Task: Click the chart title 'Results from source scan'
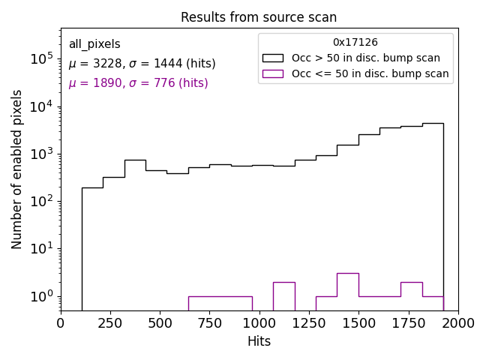point(259,17)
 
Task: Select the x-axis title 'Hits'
point(259,341)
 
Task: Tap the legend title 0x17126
point(355,43)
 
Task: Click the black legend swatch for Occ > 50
point(273,58)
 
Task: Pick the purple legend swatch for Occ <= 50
point(273,73)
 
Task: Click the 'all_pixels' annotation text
point(94,44)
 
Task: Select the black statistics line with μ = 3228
point(142,64)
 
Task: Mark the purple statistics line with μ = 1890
point(138,83)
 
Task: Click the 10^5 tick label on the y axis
point(40,58)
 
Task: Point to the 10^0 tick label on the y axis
point(40,296)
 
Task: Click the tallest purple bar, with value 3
point(347,292)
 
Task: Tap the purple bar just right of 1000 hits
point(283,296)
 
